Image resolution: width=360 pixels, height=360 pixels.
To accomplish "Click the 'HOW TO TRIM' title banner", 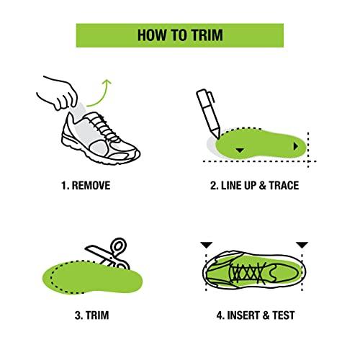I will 179,35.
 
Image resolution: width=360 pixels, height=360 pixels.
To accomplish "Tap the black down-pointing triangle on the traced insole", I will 240,149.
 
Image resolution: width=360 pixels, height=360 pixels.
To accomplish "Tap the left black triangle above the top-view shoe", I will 207,246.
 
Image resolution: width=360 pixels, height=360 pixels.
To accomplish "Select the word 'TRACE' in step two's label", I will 283,186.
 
